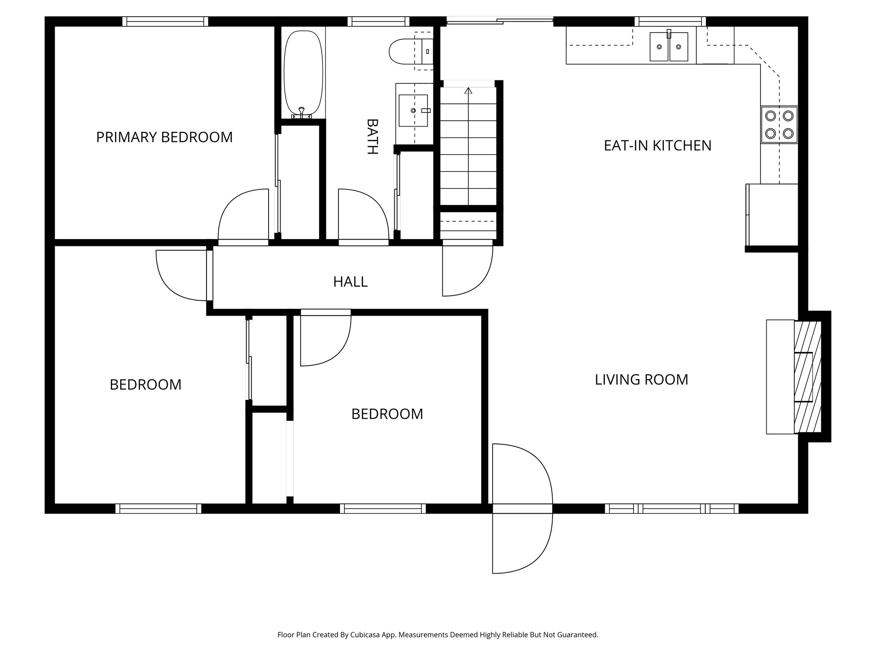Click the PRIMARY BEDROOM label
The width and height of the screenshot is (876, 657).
click(164, 137)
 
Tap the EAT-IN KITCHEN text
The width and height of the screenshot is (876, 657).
click(657, 146)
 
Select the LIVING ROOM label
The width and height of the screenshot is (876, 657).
click(641, 380)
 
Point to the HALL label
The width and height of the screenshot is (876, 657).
click(350, 282)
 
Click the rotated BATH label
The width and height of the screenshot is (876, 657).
click(372, 136)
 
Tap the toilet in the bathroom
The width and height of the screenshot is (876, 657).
click(402, 52)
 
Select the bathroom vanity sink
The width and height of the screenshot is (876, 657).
click(413, 111)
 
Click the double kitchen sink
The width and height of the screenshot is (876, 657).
click(669, 47)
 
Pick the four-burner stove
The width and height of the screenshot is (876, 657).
click(779, 124)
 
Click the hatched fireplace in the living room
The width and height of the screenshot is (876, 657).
click(808, 377)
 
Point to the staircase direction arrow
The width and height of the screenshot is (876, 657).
click(468, 91)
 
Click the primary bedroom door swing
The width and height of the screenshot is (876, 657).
click(243, 216)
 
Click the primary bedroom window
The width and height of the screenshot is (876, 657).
click(165, 21)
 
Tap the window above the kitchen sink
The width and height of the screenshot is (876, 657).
click(670, 21)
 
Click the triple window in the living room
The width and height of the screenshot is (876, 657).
click(672, 509)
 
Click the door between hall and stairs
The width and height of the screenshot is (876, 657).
click(467, 269)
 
